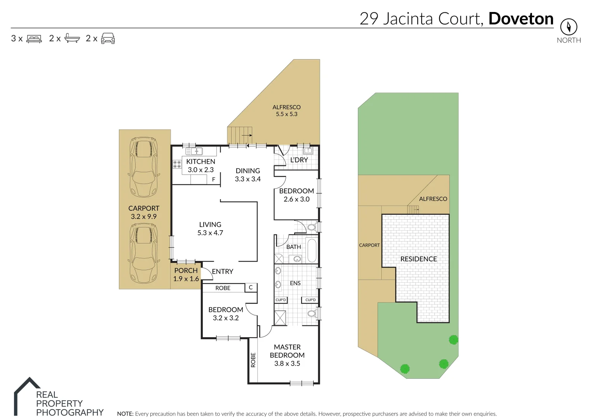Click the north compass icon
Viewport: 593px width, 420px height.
(569, 27)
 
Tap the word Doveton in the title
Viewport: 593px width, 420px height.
(521, 19)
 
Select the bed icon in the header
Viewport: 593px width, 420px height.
(34, 39)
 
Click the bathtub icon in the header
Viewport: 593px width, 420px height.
(72, 38)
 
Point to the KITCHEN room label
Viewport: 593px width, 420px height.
(201, 161)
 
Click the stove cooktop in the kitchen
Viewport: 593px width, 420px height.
(177, 164)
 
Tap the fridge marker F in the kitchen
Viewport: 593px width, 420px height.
(213, 179)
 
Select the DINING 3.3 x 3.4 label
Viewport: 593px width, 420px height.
(248, 175)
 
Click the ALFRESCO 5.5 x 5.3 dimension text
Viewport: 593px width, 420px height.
(286, 114)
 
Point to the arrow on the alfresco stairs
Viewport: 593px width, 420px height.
(246, 135)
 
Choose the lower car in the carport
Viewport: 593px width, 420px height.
(144, 253)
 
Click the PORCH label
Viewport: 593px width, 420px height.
(186, 270)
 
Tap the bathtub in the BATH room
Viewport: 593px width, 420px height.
(312, 250)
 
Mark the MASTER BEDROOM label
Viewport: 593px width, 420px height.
(287, 351)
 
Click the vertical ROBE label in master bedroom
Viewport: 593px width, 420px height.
(253, 360)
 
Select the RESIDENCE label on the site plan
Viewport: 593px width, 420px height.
(419, 259)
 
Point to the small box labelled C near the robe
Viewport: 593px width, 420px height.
(251, 287)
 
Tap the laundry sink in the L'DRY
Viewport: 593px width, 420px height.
(308, 151)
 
